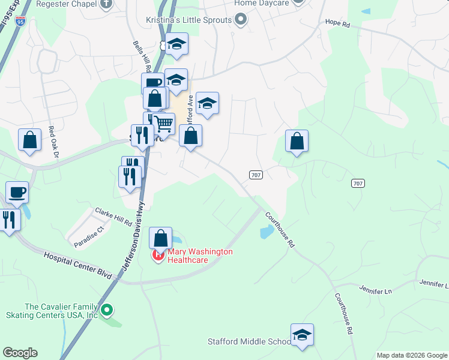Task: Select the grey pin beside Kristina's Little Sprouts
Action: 241,20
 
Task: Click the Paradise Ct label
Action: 89,236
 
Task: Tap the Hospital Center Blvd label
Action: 79,265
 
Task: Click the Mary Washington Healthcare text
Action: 199,256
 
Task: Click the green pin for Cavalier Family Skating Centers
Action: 107,310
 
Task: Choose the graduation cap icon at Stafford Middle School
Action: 302,334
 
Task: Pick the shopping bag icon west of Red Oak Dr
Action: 29,140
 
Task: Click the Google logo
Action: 20,353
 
